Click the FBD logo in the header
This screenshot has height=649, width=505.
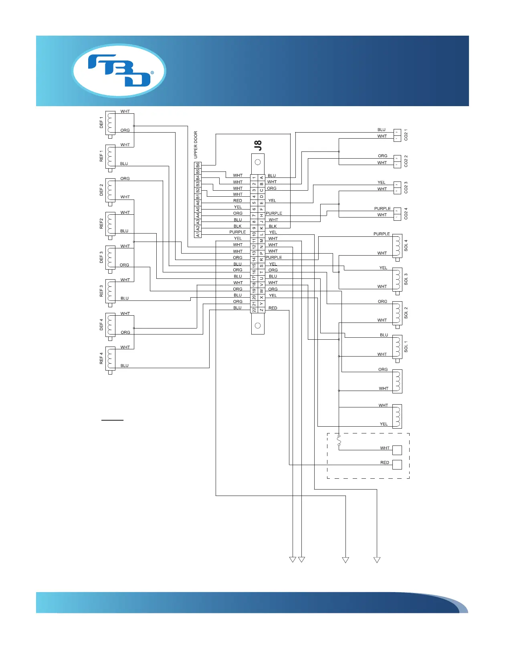[119, 71]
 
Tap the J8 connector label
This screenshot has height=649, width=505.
[258, 145]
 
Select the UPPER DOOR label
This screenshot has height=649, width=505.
[196, 145]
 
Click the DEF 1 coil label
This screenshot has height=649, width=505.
[101, 122]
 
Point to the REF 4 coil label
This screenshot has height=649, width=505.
[101, 358]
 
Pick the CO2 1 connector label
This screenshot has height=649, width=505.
[406, 135]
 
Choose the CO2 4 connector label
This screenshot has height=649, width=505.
[406, 214]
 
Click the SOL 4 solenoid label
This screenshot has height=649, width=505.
[406, 245]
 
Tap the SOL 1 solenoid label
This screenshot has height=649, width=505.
[406, 347]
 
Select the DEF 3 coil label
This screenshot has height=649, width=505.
[101, 257]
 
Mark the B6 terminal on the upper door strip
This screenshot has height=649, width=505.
[198, 165]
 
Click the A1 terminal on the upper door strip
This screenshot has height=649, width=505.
[198, 234]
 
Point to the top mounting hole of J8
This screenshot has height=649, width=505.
[258, 162]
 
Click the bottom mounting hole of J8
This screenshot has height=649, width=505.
[258, 326]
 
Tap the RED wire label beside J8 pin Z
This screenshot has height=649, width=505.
[273, 308]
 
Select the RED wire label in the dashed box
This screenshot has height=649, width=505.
[385, 462]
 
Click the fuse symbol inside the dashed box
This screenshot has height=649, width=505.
[339, 441]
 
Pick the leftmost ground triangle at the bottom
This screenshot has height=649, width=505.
[293, 560]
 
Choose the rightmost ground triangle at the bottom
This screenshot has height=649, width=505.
[377, 560]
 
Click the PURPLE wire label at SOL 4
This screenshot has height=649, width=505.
[382, 234]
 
